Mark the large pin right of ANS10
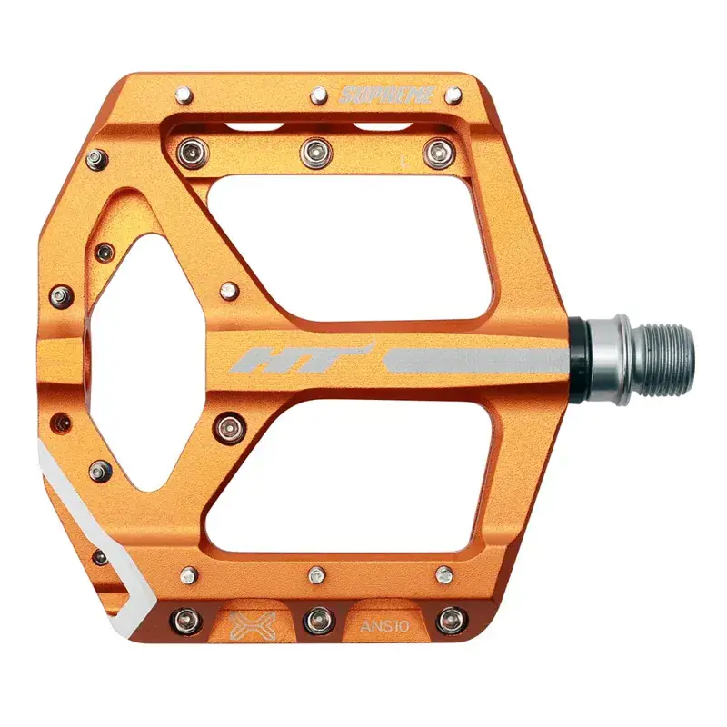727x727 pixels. (449, 621)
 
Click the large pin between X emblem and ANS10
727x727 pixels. (315, 621)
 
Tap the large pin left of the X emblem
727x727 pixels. (189, 620)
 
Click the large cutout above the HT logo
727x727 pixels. (363, 245)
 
